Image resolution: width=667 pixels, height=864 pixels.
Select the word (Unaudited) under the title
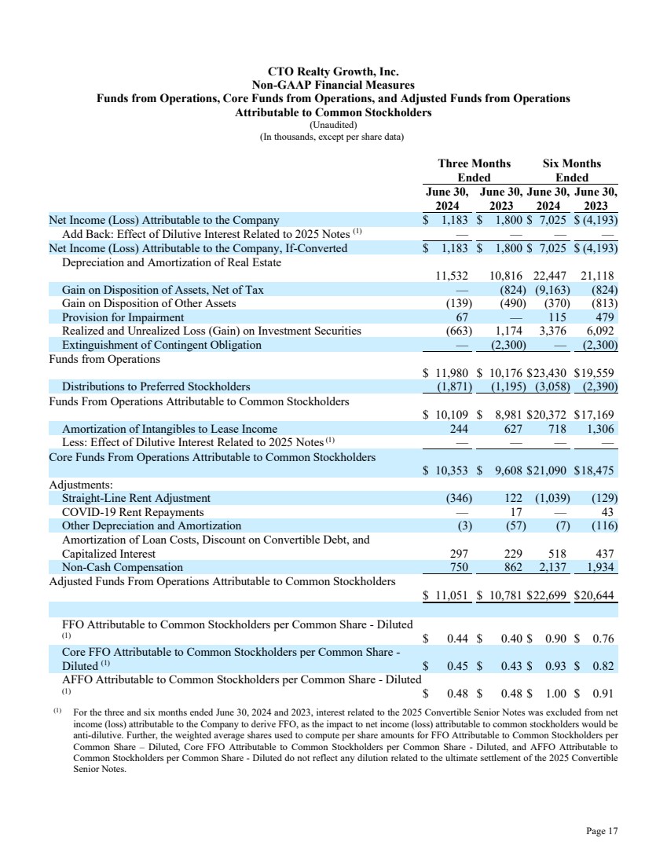[x=333, y=125]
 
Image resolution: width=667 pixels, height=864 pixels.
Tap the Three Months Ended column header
[x=474, y=170]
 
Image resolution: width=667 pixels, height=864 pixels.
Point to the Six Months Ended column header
[x=571, y=170]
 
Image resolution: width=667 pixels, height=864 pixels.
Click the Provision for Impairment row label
[x=116, y=317]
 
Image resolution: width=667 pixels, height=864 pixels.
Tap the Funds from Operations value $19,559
[x=594, y=373]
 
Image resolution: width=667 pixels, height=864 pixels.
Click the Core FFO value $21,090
[x=548, y=471]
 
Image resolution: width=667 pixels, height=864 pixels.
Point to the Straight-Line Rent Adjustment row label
[x=136, y=498]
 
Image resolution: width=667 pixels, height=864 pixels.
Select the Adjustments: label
[x=81, y=485]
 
